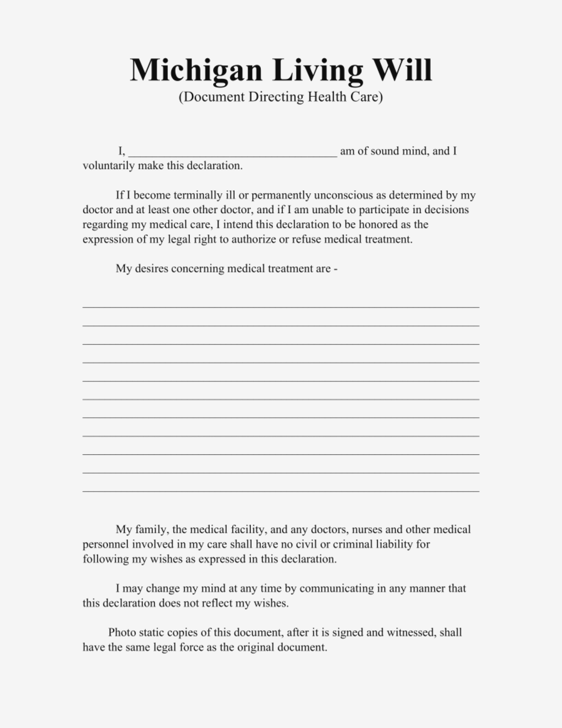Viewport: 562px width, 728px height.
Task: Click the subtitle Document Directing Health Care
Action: (x=281, y=97)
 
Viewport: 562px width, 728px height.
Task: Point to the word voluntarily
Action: (x=109, y=166)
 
